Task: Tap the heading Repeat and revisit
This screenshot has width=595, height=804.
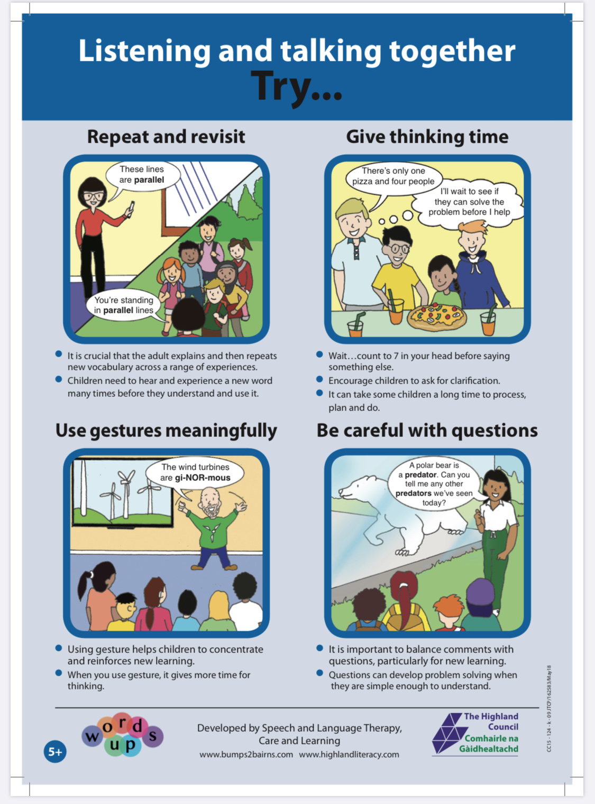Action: click(x=166, y=137)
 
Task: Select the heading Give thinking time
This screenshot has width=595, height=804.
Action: click(x=427, y=137)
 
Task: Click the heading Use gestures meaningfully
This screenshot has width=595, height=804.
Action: click(x=166, y=431)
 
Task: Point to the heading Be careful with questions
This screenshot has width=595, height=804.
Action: click(x=427, y=431)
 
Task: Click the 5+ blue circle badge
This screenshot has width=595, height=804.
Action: click(x=55, y=752)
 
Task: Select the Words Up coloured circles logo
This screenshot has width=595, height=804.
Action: click(x=123, y=735)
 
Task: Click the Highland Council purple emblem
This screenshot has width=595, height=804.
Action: click(x=447, y=733)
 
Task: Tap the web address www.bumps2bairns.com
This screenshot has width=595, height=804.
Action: click(x=246, y=754)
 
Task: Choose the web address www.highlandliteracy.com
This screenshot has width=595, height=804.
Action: click(x=349, y=754)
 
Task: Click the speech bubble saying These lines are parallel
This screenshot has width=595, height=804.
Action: click(x=142, y=175)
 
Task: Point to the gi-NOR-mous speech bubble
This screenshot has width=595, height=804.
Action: click(x=195, y=472)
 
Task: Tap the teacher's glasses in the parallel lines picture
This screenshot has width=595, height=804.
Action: click(x=93, y=196)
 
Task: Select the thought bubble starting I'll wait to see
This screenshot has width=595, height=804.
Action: click(x=469, y=202)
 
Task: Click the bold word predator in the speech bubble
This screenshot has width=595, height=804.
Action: click(x=420, y=475)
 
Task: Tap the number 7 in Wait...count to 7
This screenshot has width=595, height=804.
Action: click(x=396, y=356)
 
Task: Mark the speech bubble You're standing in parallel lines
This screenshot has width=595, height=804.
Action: click(x=124, y=305)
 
